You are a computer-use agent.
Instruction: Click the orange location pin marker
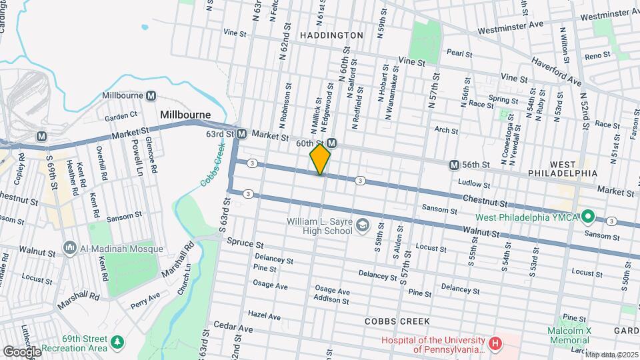pos(320,159)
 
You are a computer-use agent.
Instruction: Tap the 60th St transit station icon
pos(331,143)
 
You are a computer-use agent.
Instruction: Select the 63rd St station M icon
pos(241,134)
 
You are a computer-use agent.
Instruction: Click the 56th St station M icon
pos(454,165)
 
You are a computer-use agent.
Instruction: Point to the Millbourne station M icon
pos(151,95)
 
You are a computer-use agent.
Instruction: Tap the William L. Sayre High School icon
pos(362,225)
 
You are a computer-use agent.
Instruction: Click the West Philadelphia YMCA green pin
pos(587,217)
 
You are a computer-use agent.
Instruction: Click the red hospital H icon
pos(495,344)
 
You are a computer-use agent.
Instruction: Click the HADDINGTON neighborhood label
pos(331,35)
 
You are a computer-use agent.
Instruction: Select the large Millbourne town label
pos(185,115)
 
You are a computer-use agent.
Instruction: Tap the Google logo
pos(21,351)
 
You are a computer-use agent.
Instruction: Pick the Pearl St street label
pos(459,52)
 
